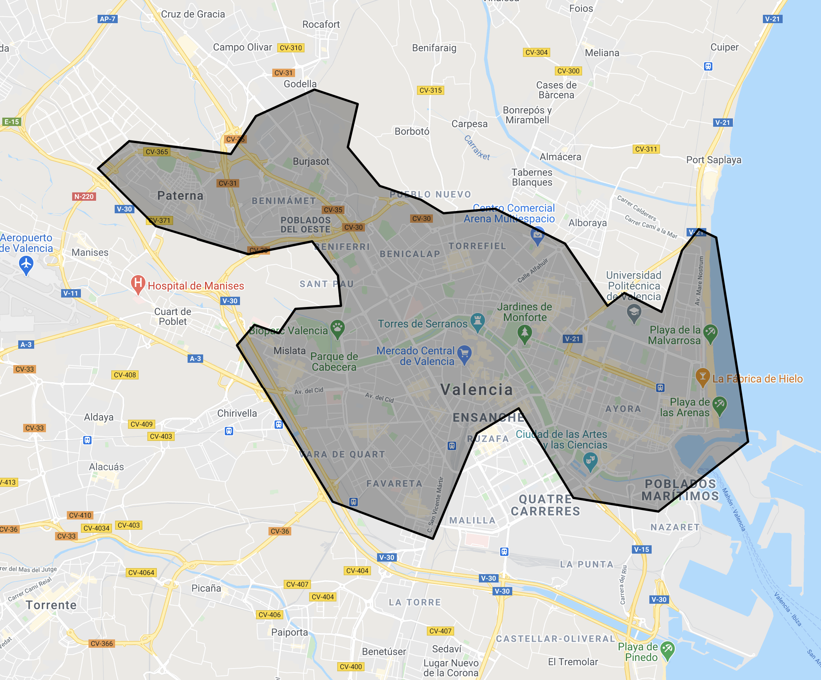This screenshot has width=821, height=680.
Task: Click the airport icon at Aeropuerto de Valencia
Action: click(x=26, y=264)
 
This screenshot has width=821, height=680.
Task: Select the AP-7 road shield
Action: click(x=107, y=19)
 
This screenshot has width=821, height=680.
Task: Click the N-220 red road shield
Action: click(x=84, y=197)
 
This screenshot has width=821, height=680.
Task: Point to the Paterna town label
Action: click(x=180, y=196)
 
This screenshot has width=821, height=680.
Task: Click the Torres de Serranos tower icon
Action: click(x=477, y=321)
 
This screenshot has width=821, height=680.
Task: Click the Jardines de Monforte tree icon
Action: click(x=525, y=334)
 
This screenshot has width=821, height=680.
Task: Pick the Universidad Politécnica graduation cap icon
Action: click(x=634, y=312)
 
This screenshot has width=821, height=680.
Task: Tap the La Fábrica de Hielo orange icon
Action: click(x=703, y=376)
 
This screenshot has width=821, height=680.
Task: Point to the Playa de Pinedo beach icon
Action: click(x=667, y=649)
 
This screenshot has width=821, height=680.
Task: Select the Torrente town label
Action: click(x=51, y=605)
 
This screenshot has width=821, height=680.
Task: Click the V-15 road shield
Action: click(x=641, y=549)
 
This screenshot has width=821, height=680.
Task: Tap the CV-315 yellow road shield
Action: click(x=431, y=90)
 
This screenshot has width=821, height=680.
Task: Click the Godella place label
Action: click(x=300, y=84)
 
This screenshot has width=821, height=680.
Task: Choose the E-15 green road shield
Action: click(x=11, y=122)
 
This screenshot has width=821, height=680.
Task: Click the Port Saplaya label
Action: click(x=714, y=160)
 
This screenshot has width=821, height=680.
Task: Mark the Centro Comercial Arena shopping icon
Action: click(x=538, y=234)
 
